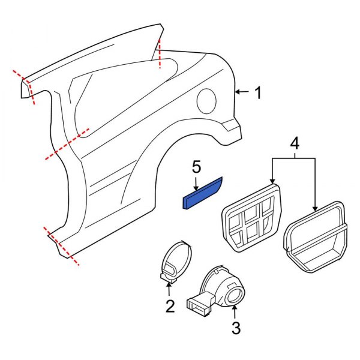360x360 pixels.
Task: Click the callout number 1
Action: click(x=257, y=93)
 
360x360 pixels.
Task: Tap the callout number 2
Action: click(x=170, y=307)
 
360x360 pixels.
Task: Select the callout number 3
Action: click(x=236, y=328)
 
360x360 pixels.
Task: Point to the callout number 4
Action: click(x=295, y=143)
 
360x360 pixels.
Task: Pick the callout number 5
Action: click(x=196, y=166)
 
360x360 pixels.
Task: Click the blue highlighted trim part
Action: click(x=202, y=193)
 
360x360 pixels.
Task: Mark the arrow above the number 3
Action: click(x=235, y=311)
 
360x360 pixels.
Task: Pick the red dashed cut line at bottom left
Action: click(x=61, y=246)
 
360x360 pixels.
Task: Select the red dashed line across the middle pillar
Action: click(x=67, y=145)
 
